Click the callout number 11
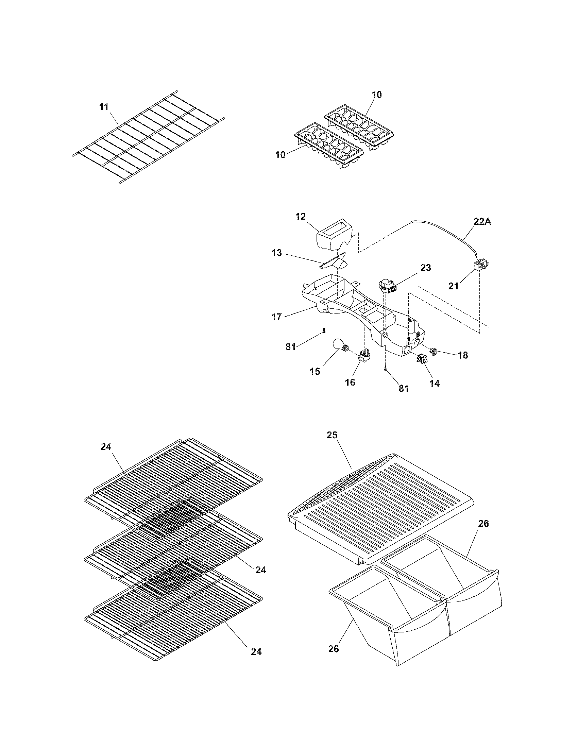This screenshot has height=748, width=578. pos(104,106)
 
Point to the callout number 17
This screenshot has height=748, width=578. pos(277,317)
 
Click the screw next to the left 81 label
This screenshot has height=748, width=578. pos(324,330)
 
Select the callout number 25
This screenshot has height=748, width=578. pos(332,435)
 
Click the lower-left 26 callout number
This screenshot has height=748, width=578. pos(334,648)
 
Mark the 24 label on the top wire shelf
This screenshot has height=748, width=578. pos(106,447)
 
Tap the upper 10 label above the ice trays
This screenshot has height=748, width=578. pos(376,95)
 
